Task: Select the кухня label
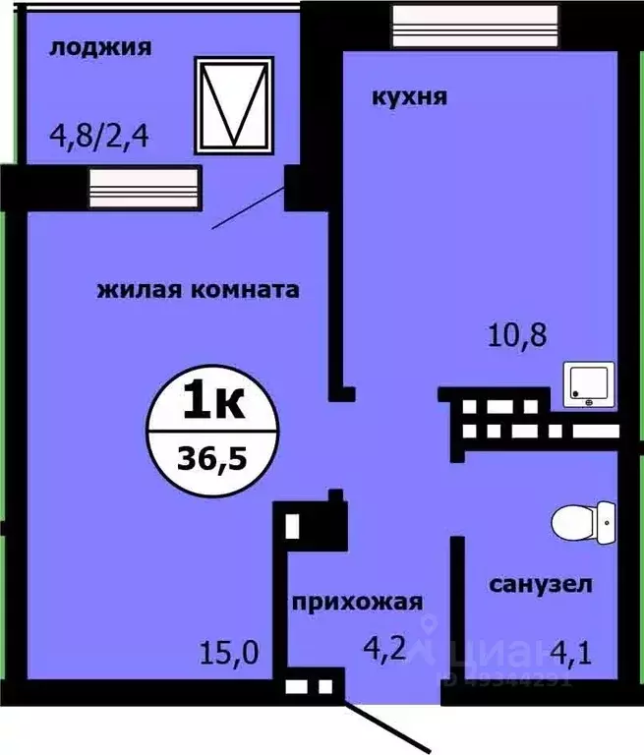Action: [410, 96]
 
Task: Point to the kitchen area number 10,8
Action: [517, 336]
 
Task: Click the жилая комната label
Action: [198, 290]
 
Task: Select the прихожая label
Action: [355, 602]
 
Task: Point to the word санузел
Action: [541, 585]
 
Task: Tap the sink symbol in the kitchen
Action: [590, 385]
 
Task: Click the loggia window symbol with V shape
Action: [235, 103]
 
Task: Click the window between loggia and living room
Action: [144, 184]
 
